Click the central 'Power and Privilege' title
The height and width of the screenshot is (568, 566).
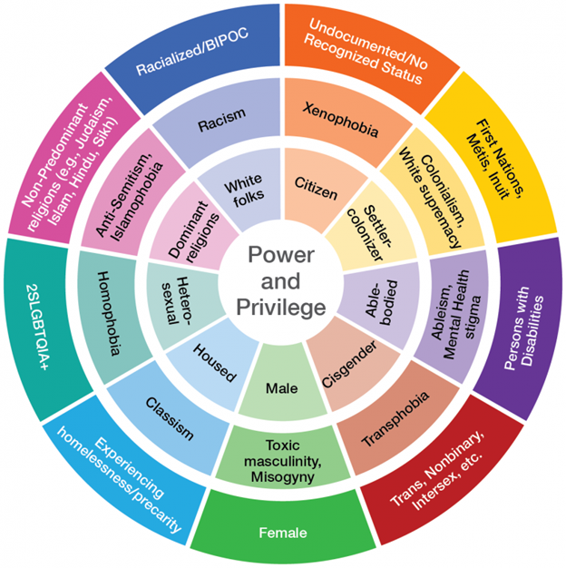tap(282, 283)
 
